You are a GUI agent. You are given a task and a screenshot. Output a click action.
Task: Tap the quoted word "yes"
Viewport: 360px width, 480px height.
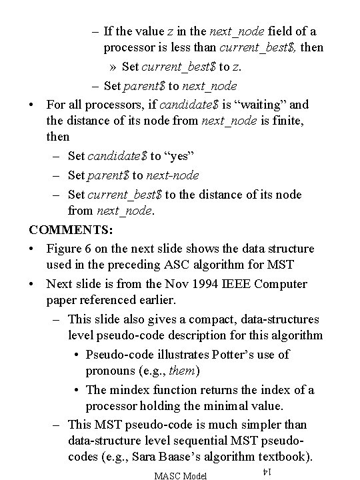(182, 157)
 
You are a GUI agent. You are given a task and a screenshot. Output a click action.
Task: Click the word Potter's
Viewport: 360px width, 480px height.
(230, 354)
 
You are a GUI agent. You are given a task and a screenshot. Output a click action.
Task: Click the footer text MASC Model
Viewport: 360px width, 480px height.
(180, 474)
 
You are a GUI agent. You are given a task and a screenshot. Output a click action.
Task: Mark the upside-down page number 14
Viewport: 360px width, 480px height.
(265, 471)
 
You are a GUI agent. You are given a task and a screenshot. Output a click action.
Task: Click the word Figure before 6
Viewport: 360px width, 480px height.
(65, 248)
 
